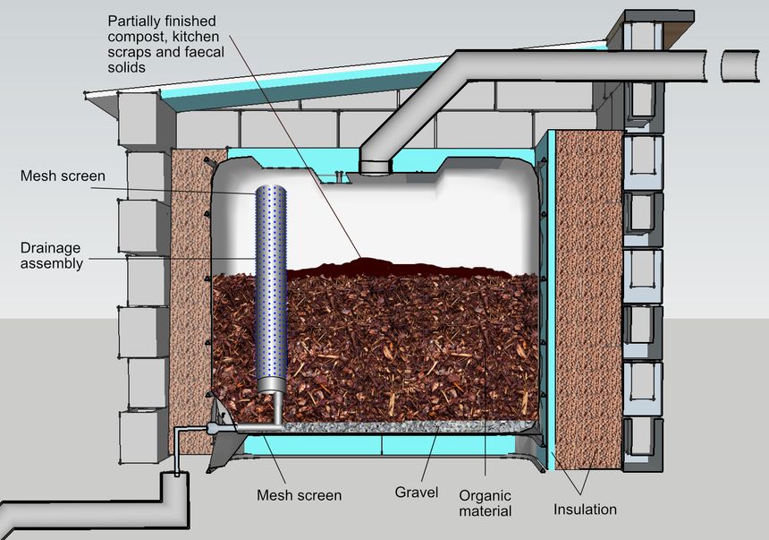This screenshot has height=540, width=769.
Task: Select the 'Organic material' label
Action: pos(485,502)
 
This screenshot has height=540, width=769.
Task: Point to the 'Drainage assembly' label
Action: pos(51,255)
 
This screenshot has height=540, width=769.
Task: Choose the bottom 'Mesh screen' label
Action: pos(299,493)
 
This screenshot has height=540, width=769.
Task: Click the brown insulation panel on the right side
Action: pos(589,296)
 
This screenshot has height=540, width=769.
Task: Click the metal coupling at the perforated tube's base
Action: pos(269,386)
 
